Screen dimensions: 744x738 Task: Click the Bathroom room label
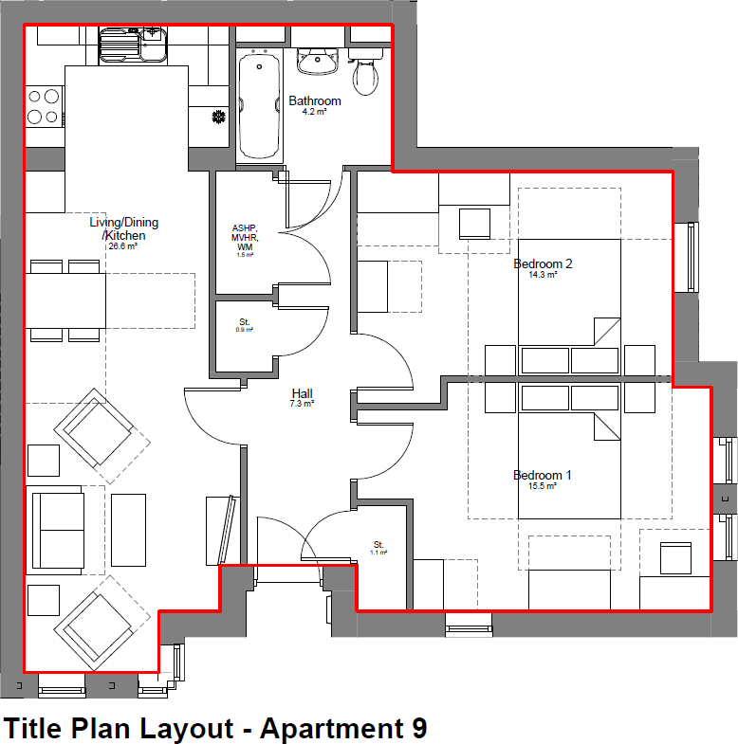[x=315, y=100]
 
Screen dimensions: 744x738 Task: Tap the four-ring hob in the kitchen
[x=43, y=106]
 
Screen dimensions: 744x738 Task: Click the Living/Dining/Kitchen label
[x=123, y=228]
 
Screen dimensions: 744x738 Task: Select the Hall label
[x=303, y=393]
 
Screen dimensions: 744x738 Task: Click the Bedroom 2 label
[x=543, y=263]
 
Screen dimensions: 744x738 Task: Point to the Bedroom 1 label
[x=543, y=475]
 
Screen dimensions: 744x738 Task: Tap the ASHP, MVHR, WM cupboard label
[x=245, y=238]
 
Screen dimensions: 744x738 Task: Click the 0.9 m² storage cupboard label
[x=245, y=326]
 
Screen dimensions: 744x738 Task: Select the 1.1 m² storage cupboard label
[x=378, y=546]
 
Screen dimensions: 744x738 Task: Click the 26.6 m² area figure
[x=123, y=246]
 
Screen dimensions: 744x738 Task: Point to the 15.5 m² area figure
[x=543, y=486]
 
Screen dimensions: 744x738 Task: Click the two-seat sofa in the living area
[x=55, y=527]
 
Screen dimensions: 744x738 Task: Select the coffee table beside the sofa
[x=128, y=527]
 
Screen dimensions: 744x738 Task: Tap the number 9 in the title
[x=418, y=729]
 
